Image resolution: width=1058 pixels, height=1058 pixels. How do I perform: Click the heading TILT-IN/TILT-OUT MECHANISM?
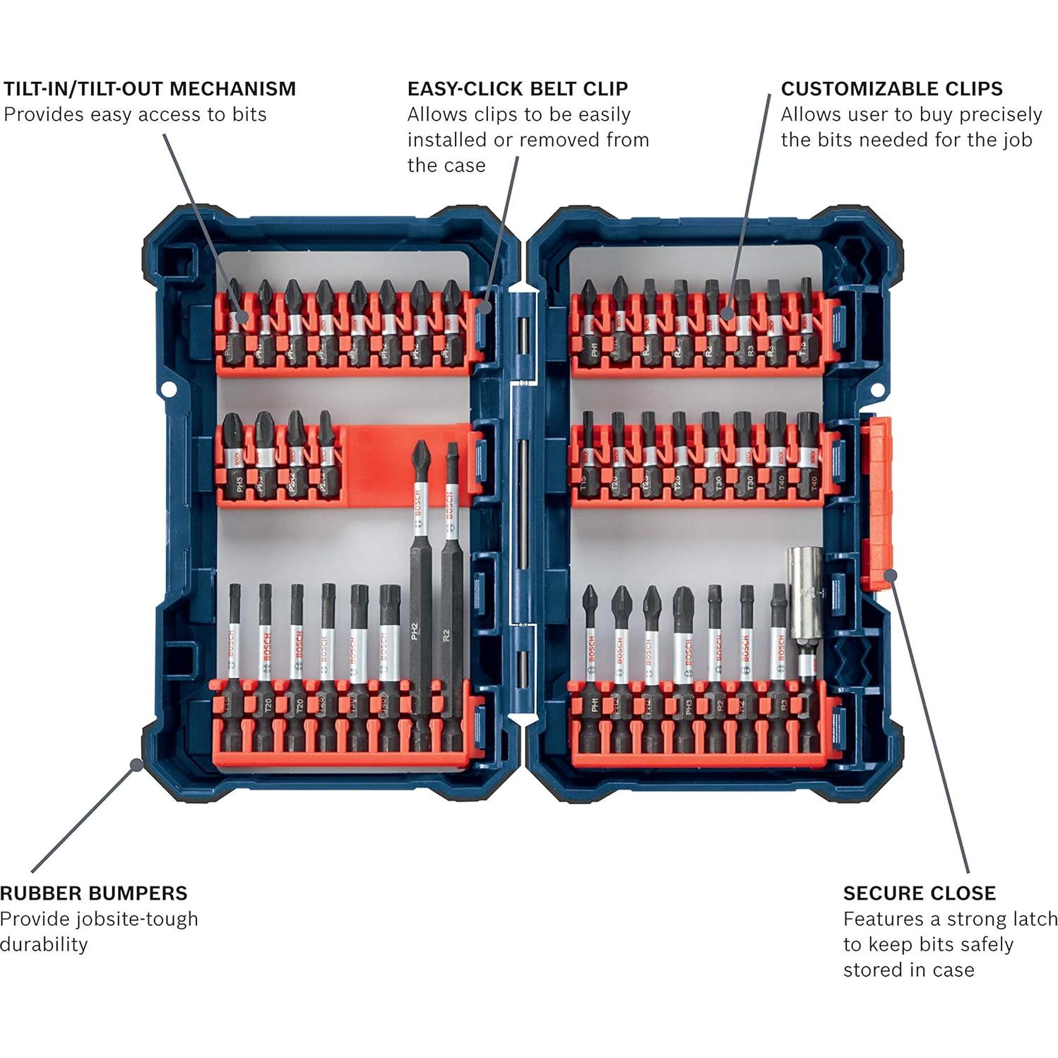pos(149,89)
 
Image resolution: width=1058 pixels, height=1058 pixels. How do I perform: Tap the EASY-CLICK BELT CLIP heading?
pos(517,89)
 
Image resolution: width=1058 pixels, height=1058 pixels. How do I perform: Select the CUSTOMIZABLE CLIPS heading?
pos(891,89)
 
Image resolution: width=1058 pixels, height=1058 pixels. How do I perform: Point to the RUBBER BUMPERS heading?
pos(94,893)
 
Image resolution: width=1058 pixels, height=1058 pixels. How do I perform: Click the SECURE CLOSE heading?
pos(919,893)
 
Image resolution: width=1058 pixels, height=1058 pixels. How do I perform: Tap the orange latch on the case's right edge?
pos(876,494)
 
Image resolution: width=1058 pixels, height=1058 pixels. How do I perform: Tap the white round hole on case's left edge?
pos(169,389)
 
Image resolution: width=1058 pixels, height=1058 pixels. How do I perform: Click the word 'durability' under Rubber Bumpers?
pos(44,944)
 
